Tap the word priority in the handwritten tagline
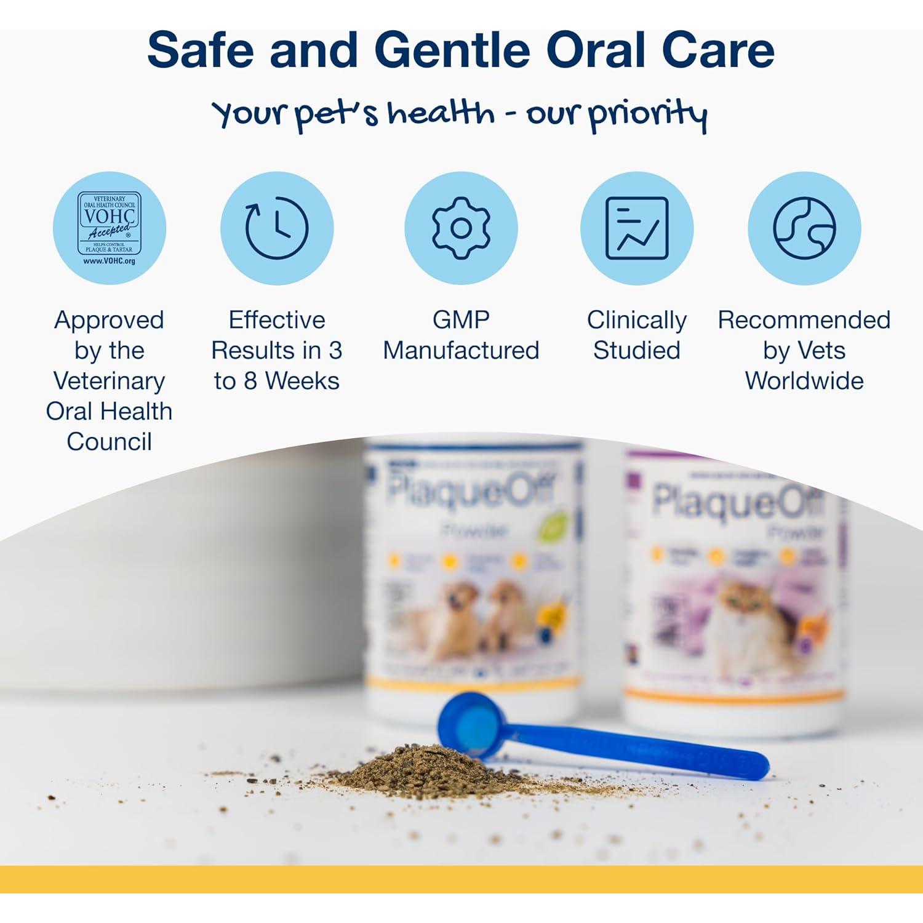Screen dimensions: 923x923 tap(647, 114)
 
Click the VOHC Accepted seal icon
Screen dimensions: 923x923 tap(110, 228)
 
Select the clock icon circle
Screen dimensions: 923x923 tap(277, 228)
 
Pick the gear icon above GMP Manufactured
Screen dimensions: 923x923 tap(461, 228)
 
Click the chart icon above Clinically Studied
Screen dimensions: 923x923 tap(637, 228)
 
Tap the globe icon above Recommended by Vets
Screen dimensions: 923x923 tap(804, 228)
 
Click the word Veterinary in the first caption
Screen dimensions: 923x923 tap(109, 381)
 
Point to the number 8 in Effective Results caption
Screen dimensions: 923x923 tap(250, 382)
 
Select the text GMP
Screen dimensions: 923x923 tap(461, 320)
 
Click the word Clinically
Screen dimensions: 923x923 tap(637, 320)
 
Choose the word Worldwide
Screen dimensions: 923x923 tap(804, 381)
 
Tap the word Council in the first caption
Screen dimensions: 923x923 tap(109, 442)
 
